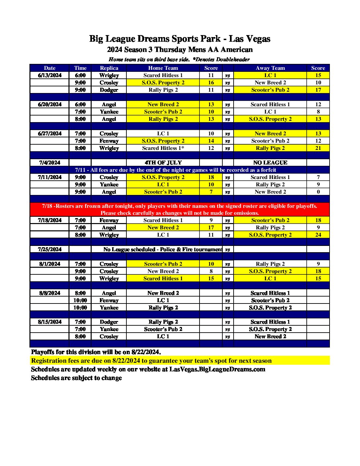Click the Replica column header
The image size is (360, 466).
109,68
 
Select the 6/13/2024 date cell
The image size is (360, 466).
50,75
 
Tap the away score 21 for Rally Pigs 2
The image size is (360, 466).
318,148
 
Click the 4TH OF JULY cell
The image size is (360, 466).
163,163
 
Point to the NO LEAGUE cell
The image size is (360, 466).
270,163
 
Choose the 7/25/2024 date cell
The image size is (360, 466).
50,249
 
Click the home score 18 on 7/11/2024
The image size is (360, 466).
211,177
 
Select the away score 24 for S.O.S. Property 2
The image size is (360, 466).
318,235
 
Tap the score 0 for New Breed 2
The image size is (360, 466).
318,192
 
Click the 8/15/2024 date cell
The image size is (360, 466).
50,322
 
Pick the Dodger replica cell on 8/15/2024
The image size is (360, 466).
109,322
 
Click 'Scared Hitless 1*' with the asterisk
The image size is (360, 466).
163,148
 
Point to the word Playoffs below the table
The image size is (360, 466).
44,352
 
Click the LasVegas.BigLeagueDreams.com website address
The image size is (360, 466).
217,369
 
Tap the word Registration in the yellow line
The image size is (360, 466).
49,360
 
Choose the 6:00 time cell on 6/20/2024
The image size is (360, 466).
80,104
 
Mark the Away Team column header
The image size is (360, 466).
270,68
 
